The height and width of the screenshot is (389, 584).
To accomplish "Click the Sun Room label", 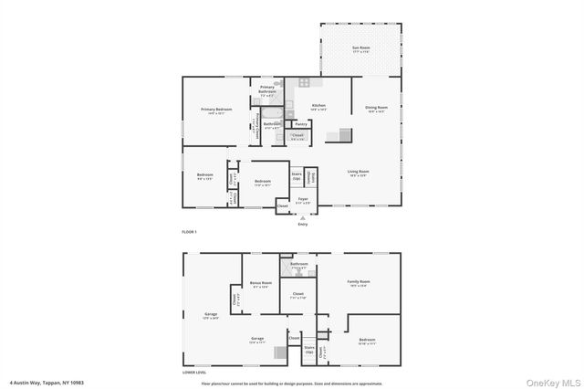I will point(361,48).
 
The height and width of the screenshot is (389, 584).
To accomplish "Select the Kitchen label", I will point(318,106).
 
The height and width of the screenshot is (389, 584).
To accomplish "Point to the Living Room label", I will point(357,172).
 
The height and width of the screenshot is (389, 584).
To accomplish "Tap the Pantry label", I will point(300,123).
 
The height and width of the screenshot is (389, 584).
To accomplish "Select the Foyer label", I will point(303,199).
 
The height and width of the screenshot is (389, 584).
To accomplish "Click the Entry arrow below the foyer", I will point(303,218).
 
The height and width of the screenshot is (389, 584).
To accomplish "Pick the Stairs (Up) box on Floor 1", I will point(297,175).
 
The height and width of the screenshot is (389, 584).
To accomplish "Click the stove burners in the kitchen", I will point(304,82).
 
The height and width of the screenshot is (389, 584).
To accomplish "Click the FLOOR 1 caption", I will point(190,232).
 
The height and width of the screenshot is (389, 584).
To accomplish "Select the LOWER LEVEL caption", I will point(194,373).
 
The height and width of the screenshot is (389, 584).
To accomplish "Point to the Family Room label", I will point(359,282).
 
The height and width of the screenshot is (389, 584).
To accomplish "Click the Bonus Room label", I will point(261,283).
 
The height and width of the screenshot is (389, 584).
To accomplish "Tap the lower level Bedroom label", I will point(366,340).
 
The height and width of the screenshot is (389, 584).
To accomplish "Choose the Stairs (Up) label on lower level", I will point(309,349).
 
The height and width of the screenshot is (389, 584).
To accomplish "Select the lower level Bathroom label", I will point(299,265).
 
